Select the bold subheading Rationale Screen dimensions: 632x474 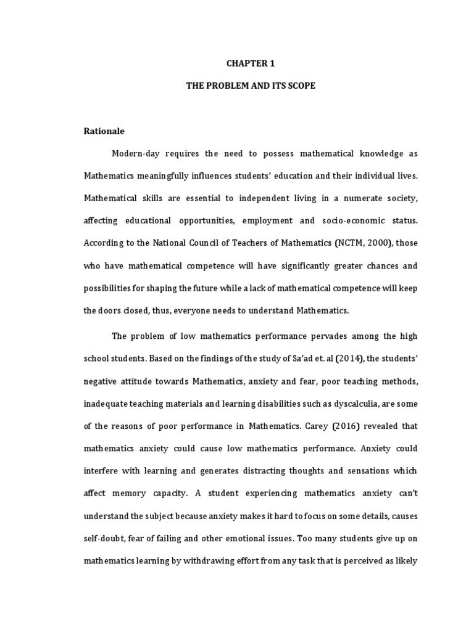point(104,131)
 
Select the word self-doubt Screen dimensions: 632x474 point(106,537)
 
